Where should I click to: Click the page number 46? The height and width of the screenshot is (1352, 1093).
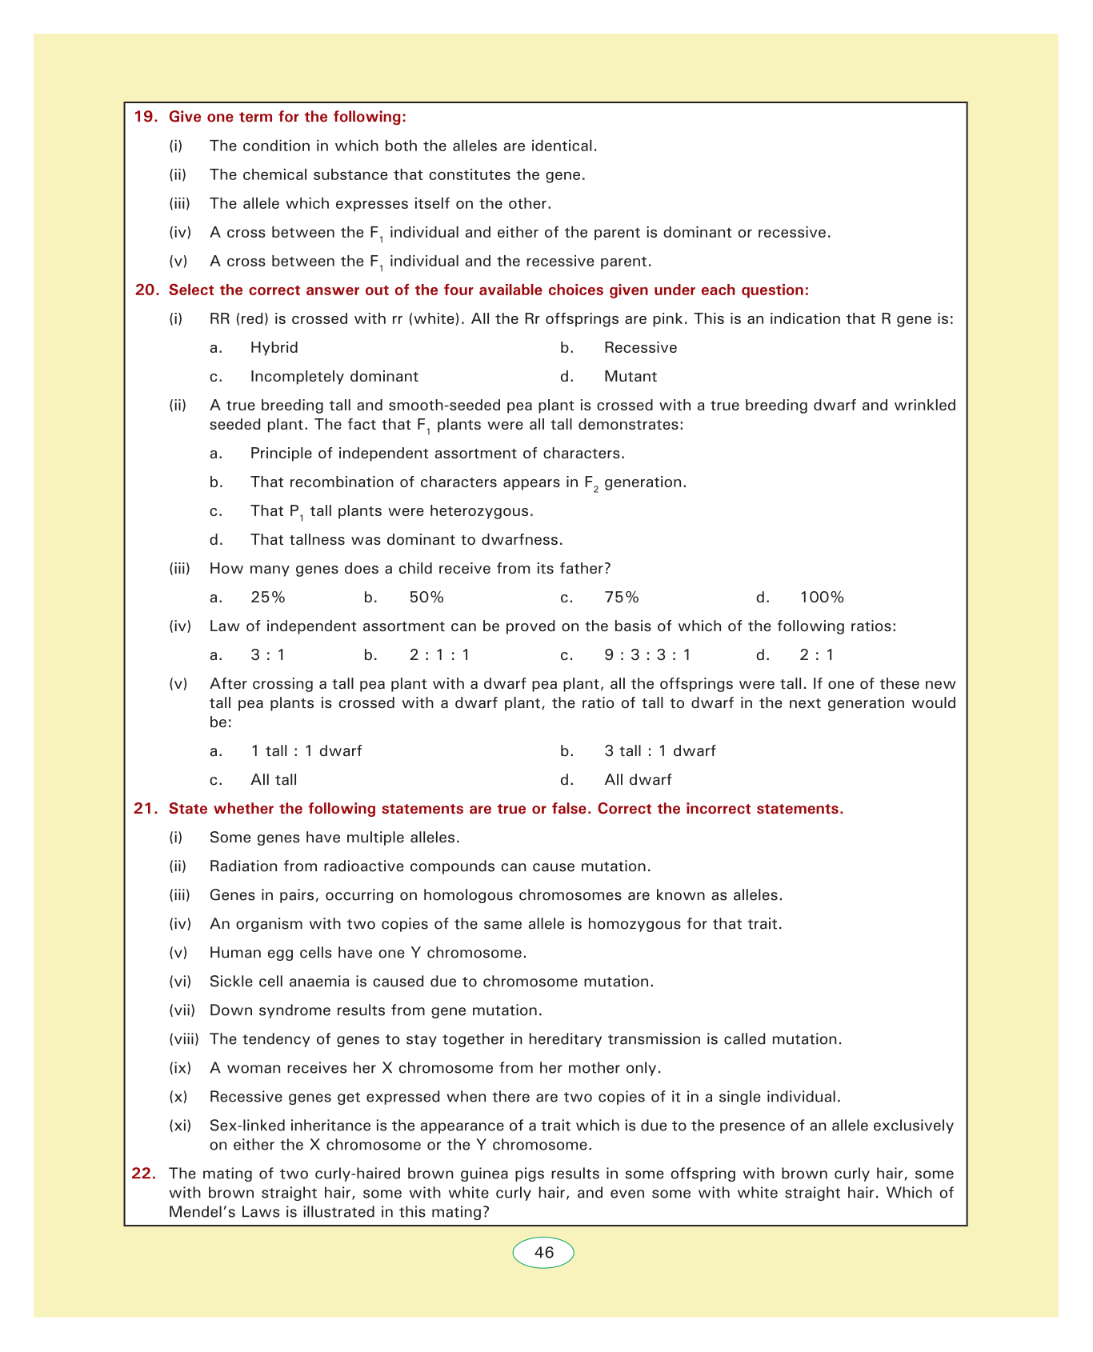[x=543, y=1253]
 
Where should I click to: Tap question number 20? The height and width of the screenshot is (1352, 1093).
[x=146, y=290]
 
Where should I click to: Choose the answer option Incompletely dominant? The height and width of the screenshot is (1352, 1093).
[x=334, y=376]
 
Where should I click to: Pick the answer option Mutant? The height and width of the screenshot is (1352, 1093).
[x=630, y=376]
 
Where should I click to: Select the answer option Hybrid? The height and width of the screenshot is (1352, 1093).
[x=274, y=347]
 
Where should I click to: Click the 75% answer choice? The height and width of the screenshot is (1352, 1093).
[x=622, y=598]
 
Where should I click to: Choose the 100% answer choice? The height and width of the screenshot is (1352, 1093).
[x=822, y=598]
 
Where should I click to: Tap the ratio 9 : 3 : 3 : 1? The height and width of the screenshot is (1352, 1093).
[x=647, y=655]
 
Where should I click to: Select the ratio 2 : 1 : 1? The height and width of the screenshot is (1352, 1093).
[x=439, y=655]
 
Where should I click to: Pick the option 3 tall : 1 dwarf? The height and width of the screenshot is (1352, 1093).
[x=659, y=751]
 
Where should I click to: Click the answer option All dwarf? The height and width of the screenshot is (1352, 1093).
[x=638, y=780]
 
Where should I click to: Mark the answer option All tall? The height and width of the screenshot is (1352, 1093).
[x=274, y=780]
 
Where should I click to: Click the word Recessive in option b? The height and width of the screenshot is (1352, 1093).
[x=640, y=347]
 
